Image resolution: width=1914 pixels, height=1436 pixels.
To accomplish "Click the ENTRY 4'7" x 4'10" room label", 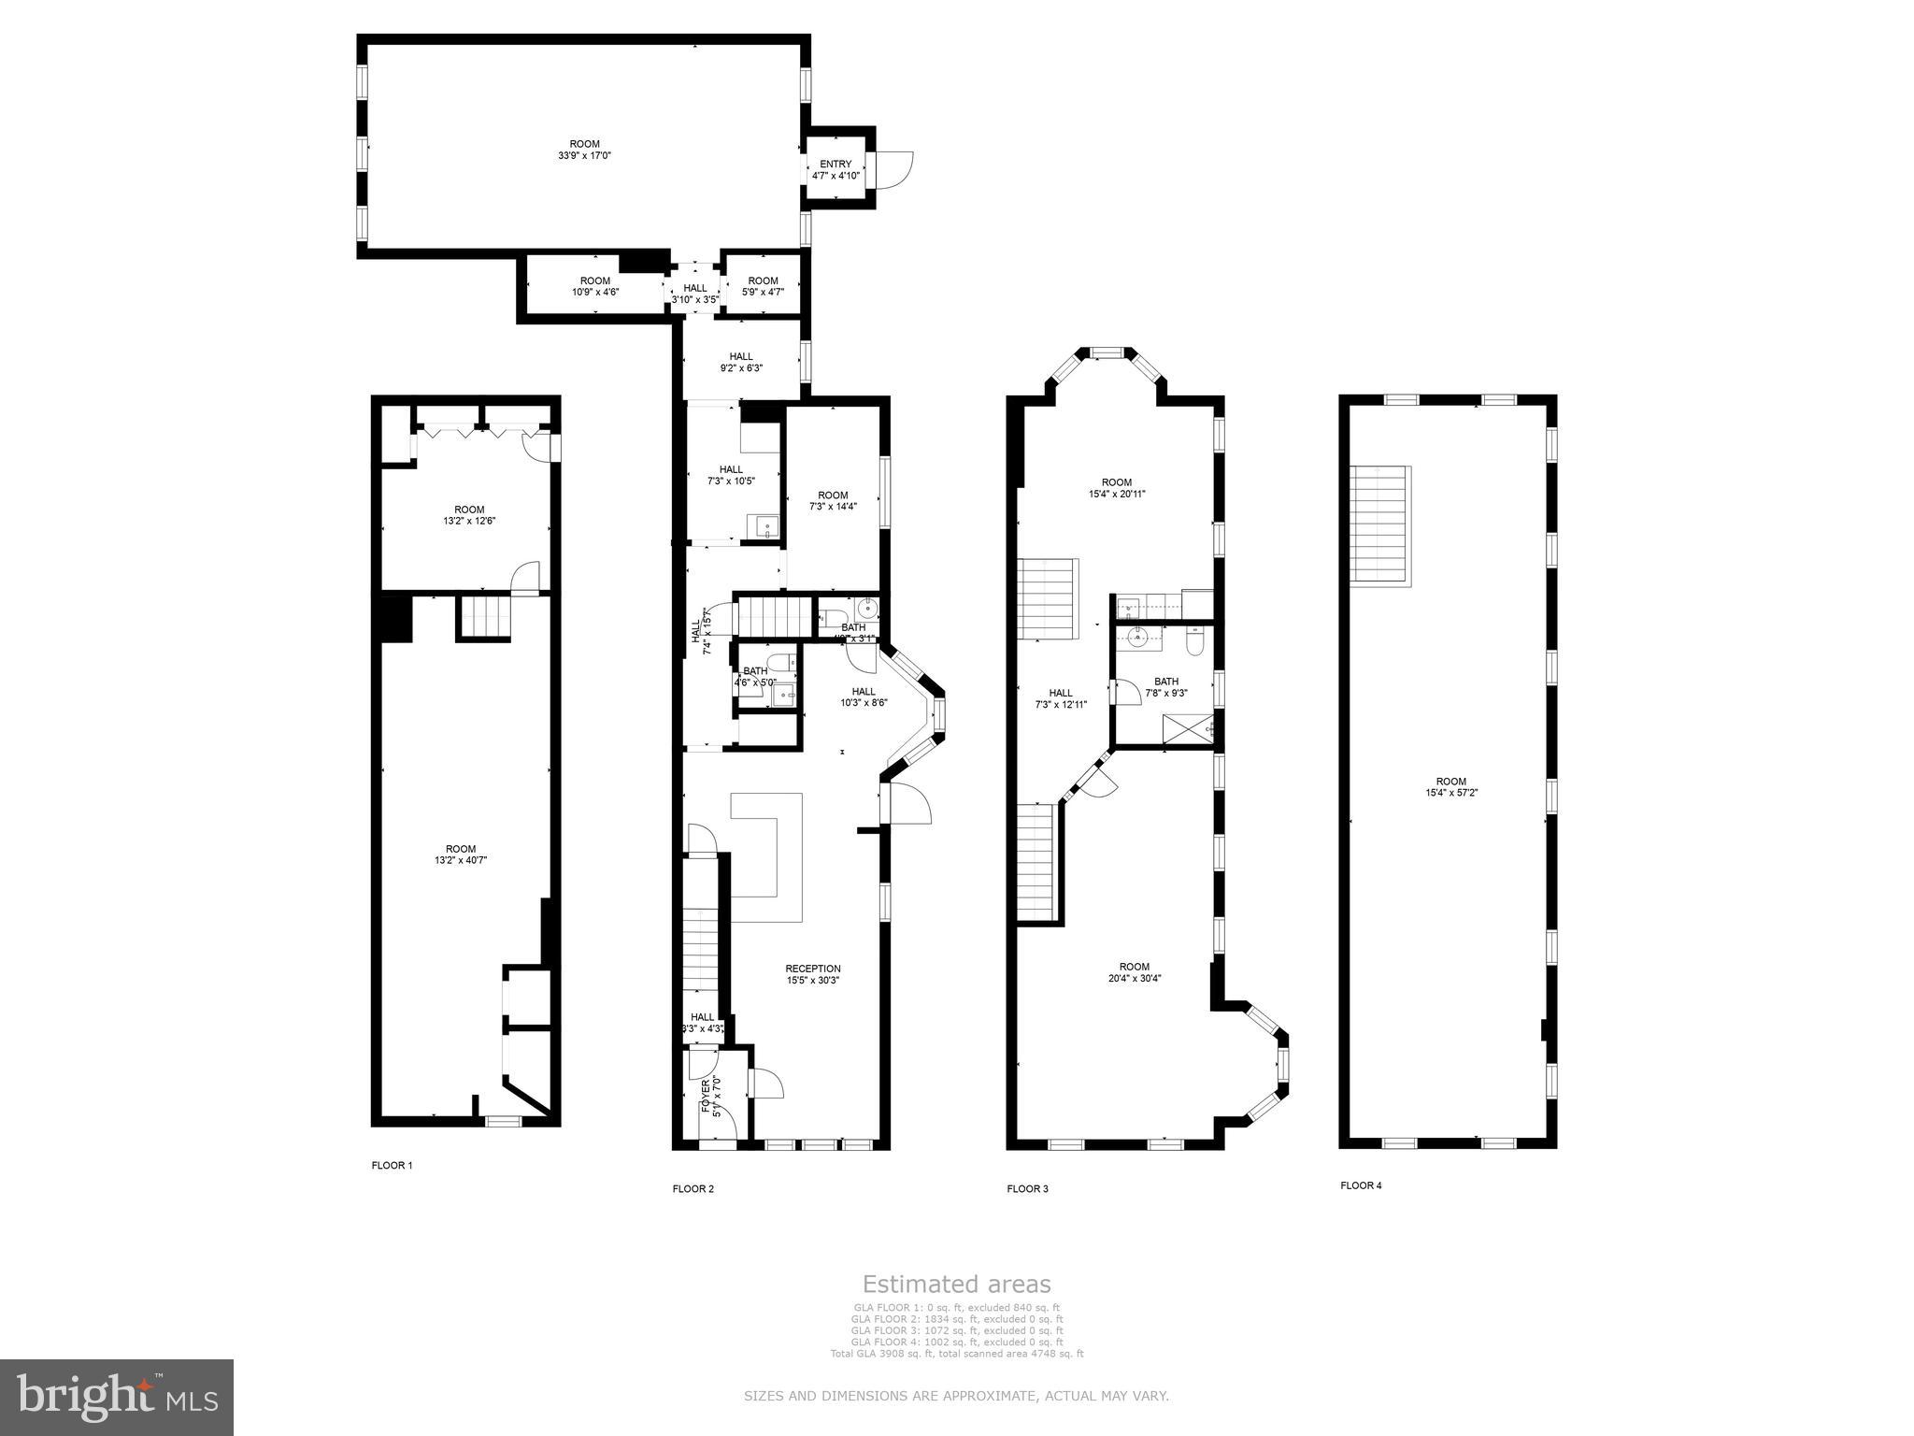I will point(836,169).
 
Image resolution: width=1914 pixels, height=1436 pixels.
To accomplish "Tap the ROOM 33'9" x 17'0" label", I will point(584,150).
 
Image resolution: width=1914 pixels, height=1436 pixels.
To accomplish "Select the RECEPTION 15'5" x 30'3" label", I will point(812,974).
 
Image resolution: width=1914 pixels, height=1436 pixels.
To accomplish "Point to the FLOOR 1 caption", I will point(392,1165).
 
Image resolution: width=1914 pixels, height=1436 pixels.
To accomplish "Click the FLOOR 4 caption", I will point(1361,1185).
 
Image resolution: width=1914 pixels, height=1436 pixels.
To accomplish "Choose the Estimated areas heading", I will point(956,1284).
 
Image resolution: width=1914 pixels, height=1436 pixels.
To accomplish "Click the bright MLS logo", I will point(117,1397).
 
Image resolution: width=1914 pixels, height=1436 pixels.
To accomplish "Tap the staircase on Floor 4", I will point(1380,525).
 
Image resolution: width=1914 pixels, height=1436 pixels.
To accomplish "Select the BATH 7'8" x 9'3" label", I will point(1165,687).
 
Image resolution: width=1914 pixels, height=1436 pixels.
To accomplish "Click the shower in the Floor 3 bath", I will point(1187,727).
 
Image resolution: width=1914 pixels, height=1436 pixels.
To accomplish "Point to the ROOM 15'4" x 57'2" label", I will point(1450,786).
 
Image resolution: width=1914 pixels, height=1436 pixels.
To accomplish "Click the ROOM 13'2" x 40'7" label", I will point(461,854).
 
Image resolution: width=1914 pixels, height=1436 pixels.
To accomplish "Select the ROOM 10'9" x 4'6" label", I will point(595,286).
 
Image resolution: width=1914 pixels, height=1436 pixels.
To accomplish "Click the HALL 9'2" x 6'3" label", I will point(740,362).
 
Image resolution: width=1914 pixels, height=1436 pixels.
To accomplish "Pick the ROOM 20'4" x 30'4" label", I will point(1134,972).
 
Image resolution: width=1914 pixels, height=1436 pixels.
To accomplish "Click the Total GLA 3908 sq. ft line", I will point(956,1353).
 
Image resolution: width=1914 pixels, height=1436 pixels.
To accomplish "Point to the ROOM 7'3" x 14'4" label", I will point(833,500).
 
